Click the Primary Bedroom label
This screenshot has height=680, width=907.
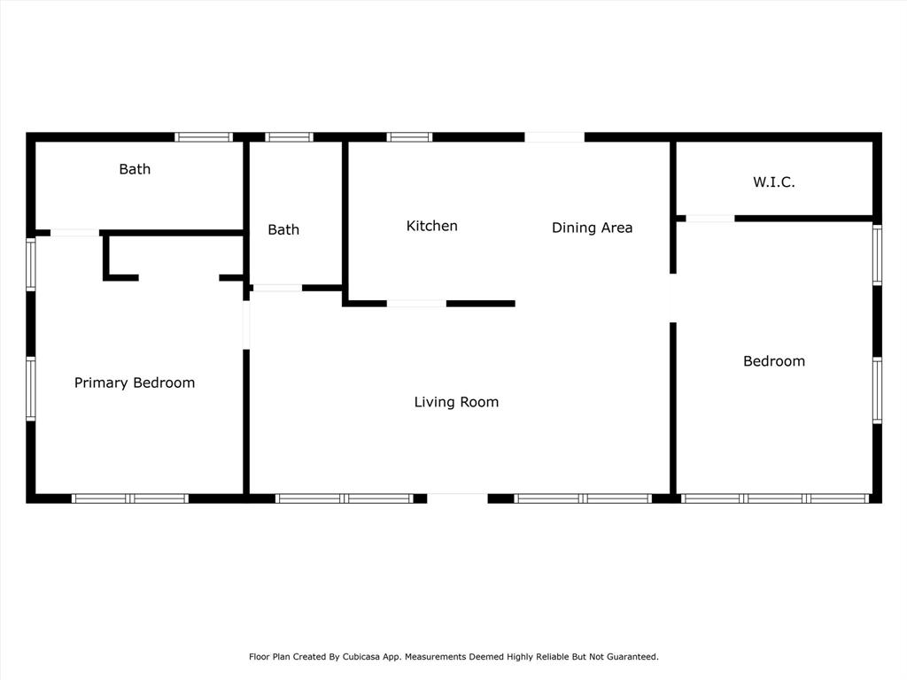[x=135, y=382]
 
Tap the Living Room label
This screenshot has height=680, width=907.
[x=456, y=402]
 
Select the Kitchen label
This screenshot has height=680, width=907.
[x=431, y=226]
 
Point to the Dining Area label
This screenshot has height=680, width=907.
[x=592, y=228]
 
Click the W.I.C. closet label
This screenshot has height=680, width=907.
[x=774, y=182]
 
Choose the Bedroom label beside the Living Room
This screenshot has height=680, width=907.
[x=774, y=361]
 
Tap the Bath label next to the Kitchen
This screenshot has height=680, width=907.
[x=283, y=229]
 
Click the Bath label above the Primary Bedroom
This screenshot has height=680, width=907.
[x=135, y=169]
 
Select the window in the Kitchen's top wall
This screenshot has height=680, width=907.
[x=409, y=137]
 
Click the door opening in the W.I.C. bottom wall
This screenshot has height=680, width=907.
[x=710, y=219]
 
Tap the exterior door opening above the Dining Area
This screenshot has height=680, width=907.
[x=554, y=137]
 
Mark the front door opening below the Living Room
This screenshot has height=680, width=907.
[x=457, y=498]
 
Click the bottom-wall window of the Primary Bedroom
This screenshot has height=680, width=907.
[x=130, y=498]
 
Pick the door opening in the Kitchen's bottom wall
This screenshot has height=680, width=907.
[x=416, y=304]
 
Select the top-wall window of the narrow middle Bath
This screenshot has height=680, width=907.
[x=290, y=137]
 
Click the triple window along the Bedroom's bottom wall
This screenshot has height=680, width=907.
[x=775, y=498]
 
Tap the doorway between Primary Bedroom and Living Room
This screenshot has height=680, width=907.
[x=246, y=325]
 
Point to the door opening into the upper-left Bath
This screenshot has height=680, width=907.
[x=75, y=233]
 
